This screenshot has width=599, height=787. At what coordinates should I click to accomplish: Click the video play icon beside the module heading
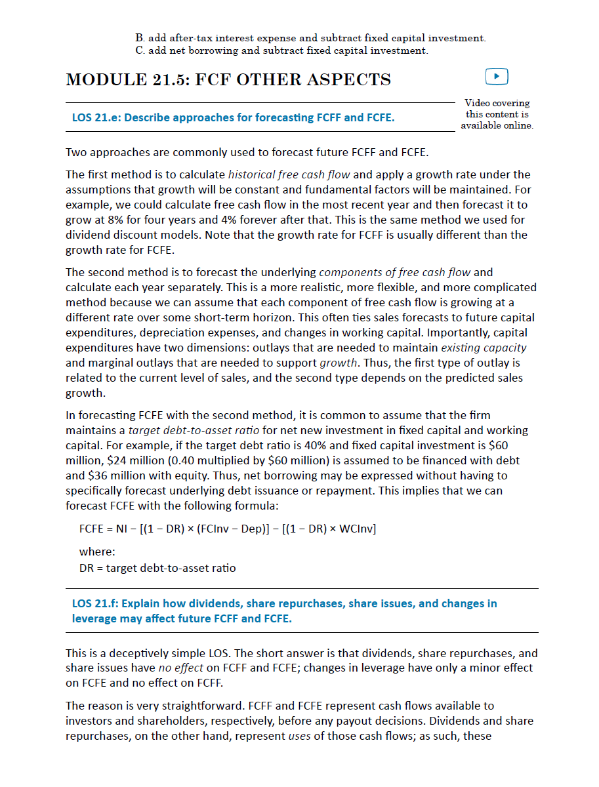pyautogui.click(x=497, y=77)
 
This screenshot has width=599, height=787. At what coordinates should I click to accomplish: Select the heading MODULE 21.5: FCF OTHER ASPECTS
pyautogui.click(x=228, y=80)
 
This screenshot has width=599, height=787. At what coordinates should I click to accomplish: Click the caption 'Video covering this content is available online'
pyautogui.click(x=497, y=114)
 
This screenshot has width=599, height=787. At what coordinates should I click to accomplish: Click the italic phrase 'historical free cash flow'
pyautogui.click(x=289, y=175)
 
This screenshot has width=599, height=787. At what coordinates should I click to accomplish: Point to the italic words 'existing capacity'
pyautogui.click(x=484, y=348)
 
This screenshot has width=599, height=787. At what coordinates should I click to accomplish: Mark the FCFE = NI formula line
pyautogui.click(x=227, y=529)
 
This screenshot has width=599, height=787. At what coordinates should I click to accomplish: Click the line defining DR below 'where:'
pyautogui.click(x=157, y=568)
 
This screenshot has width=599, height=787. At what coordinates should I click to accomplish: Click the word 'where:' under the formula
pyautogui.click(x=97, y=552)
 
